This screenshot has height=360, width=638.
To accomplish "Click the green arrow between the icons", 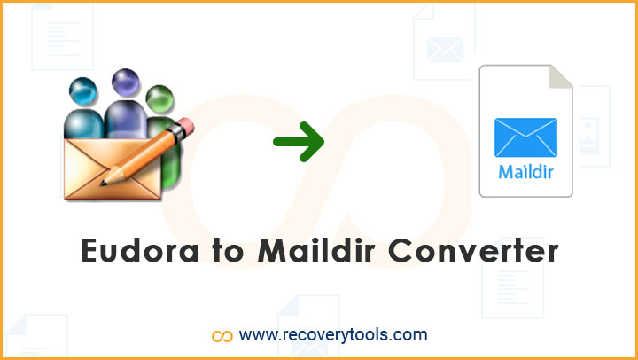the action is pyautogui.click(x=300, y=142).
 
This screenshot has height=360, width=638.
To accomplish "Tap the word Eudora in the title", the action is pyautogui.click(x=140, y=250).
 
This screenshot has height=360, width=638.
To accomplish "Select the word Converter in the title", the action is pyautogui.click(x=473, y=250).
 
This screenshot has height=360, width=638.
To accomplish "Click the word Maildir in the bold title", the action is pyautogui.click(x=316, y=249).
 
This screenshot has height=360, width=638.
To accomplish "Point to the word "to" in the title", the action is pyautogui.click(x=228, y=250).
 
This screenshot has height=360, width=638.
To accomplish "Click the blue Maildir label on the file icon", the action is pyautogui.click(x=525, y=171).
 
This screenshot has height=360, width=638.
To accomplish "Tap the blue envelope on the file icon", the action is pyautogui.click(x=525, y=137).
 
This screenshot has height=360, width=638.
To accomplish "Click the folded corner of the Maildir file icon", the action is pyautogui.click(x=561, y=76).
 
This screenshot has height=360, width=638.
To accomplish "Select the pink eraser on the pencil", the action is pyautogui.click(x=185, y=126).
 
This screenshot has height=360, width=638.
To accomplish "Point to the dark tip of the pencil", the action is pyautogui.click(x=104, y=183).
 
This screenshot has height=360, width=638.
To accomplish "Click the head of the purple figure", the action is pyautogui.click(x=125, y=82).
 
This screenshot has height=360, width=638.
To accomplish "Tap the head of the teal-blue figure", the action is pyautogui.click(x=83, y=90).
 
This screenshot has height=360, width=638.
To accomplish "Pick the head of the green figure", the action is pyautogui.click(x=159, y=99).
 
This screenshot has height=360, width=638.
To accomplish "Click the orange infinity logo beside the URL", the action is pyautogui.click(x=222, y=336).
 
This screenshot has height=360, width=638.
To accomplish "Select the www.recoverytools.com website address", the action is pyautogui.click(x=333, y=335).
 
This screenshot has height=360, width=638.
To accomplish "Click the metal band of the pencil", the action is pyautogui.click(x=175, y=134).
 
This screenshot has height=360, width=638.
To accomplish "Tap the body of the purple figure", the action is pyautogui.click(x=125, y=119).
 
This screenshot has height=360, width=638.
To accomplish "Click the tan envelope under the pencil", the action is pyautogui.click(x=113, y=168).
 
